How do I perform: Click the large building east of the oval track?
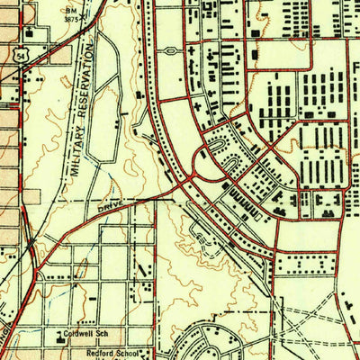tap(139, 94)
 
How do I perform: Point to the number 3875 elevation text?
tap(71, 17)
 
